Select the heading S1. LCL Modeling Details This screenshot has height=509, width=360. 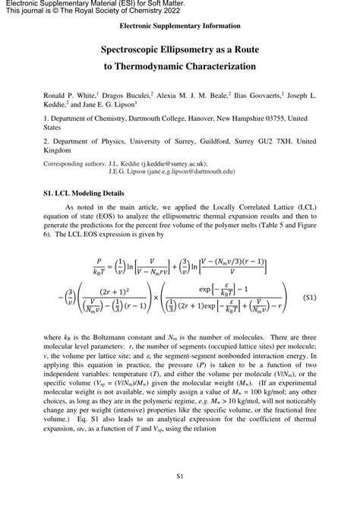(84, 194)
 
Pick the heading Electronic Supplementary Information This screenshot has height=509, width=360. (179, 26)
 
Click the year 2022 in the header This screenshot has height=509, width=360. (165, 12)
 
